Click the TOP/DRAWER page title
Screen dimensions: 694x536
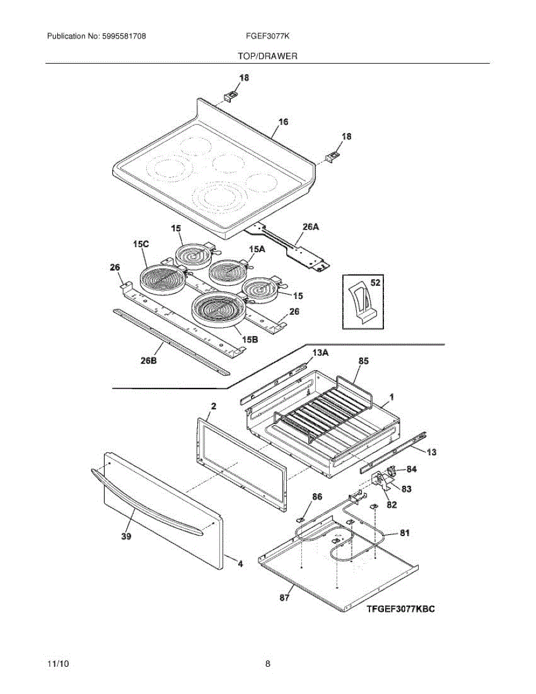coord(267,57)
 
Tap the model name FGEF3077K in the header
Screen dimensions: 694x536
coord(267,36)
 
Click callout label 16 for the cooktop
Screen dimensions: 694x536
coord(283,122)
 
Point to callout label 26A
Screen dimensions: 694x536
coord(312,227)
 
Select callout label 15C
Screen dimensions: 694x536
coord(141,245)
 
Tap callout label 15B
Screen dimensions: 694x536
coord(250,340)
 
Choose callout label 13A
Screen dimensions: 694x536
coord(320,352)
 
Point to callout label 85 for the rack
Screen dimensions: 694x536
coord(363,361)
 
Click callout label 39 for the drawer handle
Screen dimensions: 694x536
coord(126,537)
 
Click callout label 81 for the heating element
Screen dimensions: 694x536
coord(404,533)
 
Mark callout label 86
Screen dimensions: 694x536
coord(317,496)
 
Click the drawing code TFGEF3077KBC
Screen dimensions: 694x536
coord(400,609)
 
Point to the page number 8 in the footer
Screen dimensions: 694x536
coord(268,664)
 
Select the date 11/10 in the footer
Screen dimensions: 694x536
coord(56,664)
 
